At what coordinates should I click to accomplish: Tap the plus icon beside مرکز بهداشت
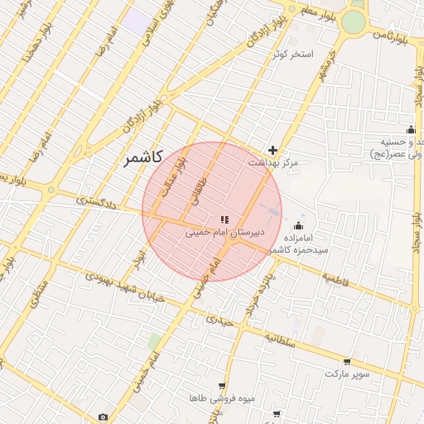tap(272, 150)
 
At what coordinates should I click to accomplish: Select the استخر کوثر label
tap(293, 55)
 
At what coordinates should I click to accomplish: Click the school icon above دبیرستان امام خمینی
tap(224, 219)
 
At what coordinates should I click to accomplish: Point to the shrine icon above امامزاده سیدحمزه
tap(299, 226)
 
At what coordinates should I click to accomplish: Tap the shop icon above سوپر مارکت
tap(346, 362)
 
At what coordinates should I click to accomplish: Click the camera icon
tap(103, 417)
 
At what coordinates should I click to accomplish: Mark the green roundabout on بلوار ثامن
tap(354, 22)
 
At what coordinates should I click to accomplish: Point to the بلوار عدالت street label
tap(173, 176)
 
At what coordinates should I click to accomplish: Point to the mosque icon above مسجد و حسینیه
tap(411, 129)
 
